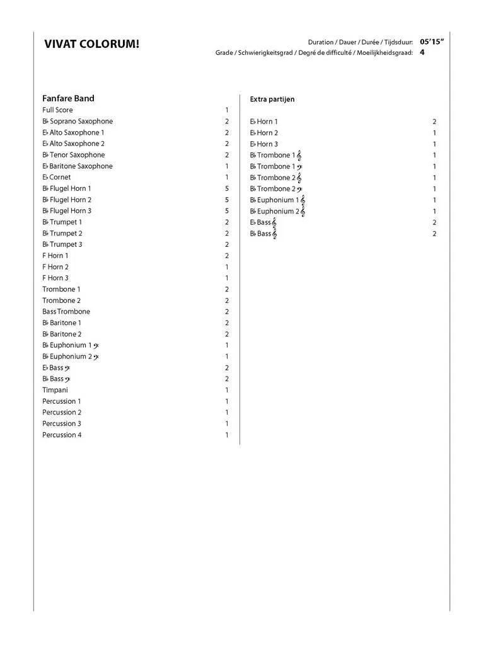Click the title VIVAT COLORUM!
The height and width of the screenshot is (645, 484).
pos(92,44)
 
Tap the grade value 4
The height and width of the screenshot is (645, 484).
pos(422,52)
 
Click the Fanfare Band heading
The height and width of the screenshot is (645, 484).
pos(68,98)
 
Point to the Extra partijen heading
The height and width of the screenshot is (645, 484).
pos(272,99)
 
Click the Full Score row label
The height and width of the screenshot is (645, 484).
pos(57,110)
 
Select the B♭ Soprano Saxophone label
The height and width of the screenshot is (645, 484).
pos(78,122)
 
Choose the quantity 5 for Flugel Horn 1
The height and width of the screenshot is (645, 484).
pos(227,188)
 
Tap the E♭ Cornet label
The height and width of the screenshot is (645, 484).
pos(57,178)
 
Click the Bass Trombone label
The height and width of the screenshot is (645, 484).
pos(66,312)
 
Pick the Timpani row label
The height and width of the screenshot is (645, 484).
pos(55,390)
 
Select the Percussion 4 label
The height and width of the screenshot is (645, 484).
pos(62,435)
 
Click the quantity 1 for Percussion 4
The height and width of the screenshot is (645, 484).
pos(227,435)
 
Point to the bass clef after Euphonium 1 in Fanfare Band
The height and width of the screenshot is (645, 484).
pos(96,345)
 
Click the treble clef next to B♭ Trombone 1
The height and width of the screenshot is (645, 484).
pos(299,155)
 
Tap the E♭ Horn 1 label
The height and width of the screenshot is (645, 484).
pos(264,122)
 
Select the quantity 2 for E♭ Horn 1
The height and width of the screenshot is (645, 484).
pos(434,122)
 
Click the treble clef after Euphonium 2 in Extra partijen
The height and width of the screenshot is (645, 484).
pos(302,212)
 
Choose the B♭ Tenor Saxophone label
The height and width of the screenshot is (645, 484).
pos(74,155)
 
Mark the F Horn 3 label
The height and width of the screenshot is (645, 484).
pos(55,278)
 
